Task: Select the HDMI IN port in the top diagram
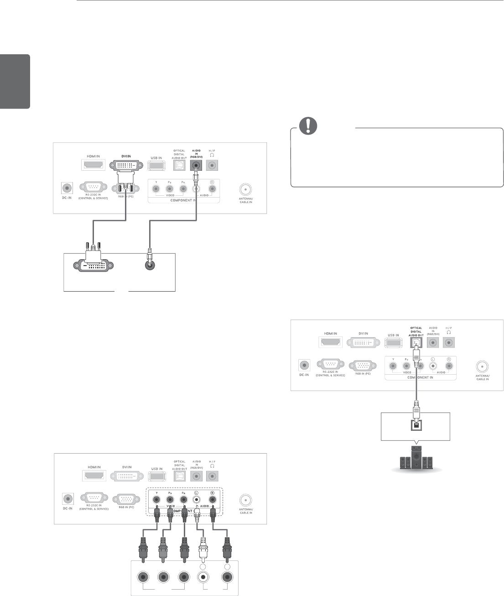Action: point(94,165)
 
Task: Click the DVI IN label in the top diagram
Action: point(126,156)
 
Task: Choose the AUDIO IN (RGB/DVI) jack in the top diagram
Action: point(197,165)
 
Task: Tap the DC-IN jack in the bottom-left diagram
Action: point(68,501)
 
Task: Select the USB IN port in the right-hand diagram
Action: point(393,344)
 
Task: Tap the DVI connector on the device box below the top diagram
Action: point(93,266)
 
